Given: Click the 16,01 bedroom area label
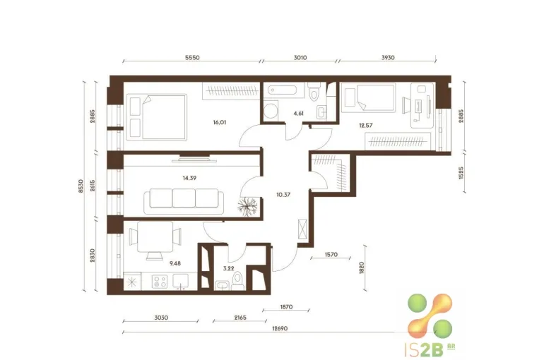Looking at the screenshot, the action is pyautogui.click(x=220, y=122).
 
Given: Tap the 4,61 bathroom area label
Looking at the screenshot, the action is pyautogui.click(x=298, y=114).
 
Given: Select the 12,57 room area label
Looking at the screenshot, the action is pyautogui.click(x=366, y=126).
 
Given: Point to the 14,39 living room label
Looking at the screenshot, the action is pyautogui.click(x=189, y=178).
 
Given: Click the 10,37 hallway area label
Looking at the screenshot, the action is pyautogui.click(x=283, y=195).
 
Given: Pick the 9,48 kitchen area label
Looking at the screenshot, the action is pyautogui.click(x=175, y=263).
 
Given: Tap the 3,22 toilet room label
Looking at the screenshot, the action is pyautogui.click(x=229, y=268).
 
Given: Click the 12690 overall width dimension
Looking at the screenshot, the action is pyautogui.click(x=280, y=328).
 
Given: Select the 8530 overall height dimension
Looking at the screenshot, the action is pyautogui.click(x=81, y=186).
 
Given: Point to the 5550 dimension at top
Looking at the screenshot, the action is pyautogui.click(x=192, y=57).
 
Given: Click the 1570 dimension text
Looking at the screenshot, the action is pyautogui.click(x=331, y=255).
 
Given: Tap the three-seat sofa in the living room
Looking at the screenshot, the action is pyautogui.click(x=184, y=201).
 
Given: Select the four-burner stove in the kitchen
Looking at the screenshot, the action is pyautogui.click(x=160, y=281).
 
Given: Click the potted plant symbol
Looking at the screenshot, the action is pyautogui.click(x=247, y=207).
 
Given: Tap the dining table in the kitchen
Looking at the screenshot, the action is pyautogui.click(x=155, y=237).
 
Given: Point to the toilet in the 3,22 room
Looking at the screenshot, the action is pyautogui.click(x=237, y=281).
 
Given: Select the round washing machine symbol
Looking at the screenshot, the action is pyautogui.click(x=270, y=111).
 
